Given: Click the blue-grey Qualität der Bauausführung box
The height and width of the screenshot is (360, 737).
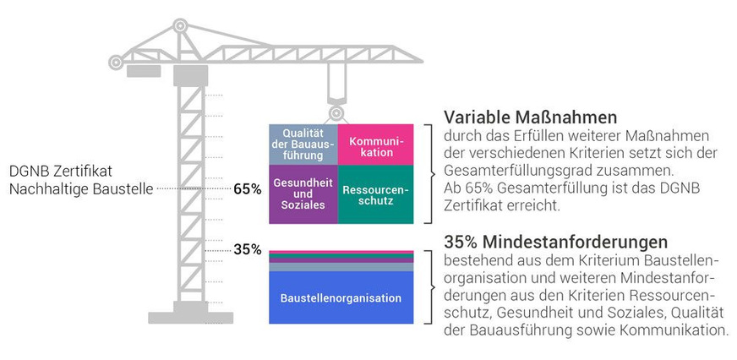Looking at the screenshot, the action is pyautogui.click(x=303, y=144).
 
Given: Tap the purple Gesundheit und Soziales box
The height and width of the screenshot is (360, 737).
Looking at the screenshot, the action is pyautogui.click(x=303, y=194).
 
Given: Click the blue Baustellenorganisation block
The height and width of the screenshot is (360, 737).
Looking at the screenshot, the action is pyautogui.click(x=341, y=297).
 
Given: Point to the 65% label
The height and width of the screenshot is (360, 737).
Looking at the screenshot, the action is pyautogui.click(x=248, y=189).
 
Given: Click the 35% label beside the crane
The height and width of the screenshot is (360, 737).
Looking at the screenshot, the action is pyautogui.click(x=248, y=249).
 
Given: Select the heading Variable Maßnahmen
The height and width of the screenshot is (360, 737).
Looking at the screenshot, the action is pyautogui.click(x=531, y=117).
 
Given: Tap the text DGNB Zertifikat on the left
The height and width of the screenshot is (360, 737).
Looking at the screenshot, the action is pyautogui.click(x=58, y=170).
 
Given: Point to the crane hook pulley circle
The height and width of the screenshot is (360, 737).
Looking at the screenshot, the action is pyautogui.click(x=336, y=112).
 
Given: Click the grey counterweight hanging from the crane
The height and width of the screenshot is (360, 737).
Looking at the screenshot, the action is pyautogui.click(x=144, y=70).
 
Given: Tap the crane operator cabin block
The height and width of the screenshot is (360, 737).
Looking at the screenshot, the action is pyautogui.click(x=190, y=74).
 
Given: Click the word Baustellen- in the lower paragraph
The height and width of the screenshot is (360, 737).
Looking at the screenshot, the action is pyautogui.click(x=673, y=258).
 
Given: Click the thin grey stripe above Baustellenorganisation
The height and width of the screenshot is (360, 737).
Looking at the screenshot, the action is pyautogui.click(x=341, y=266).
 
